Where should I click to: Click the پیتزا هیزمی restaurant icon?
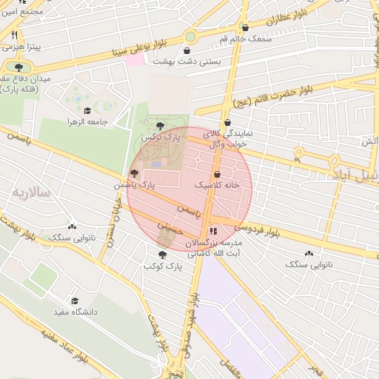tap(14, 35)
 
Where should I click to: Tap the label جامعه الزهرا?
tap(88, 121)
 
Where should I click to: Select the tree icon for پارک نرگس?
tap(161, 126)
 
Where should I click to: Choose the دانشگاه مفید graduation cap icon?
tap(74, 301)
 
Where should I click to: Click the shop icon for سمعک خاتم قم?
tap(245, 27)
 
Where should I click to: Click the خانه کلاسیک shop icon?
tap(215, 174)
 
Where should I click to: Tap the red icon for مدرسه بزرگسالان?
tap(213, 231)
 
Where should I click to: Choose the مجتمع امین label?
tap(22, 12)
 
